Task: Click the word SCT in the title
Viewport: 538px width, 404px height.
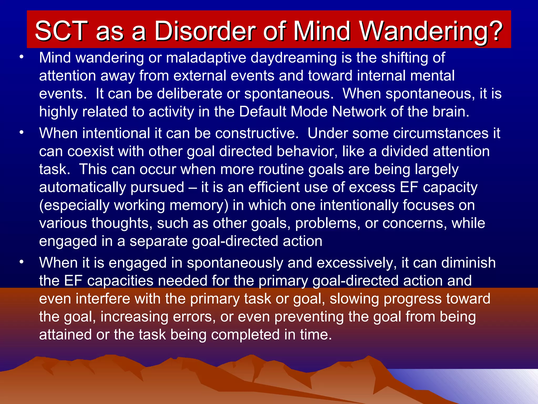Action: click(61, 31)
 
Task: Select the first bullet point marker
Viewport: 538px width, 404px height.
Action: click(22, 57)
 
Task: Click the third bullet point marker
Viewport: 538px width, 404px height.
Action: click(22, 262)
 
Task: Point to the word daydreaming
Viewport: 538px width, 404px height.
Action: click(293, 58)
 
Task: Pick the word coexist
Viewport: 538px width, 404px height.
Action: click(91, 151)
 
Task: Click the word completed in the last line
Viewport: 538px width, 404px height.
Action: click(245, 335)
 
